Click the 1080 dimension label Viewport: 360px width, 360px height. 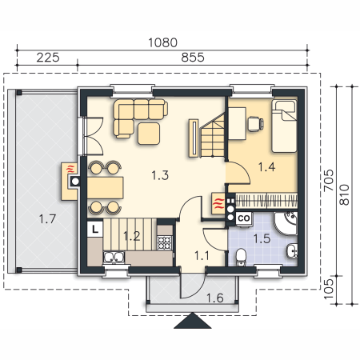point(162,42)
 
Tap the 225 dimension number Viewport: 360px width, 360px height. point(48,58)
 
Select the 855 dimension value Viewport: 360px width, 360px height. point(193,58)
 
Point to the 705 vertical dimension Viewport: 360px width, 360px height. point(329,180)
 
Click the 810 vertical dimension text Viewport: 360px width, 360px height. point(344,194)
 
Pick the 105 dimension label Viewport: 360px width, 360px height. point(329,289)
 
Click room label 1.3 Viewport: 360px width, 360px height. point(160,175)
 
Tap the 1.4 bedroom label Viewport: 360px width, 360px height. point(266,167)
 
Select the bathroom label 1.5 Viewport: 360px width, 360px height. point(262,238)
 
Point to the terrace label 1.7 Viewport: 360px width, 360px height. point(47,219)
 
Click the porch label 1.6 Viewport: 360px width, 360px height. point(215,298)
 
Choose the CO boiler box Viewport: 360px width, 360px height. point(244,218)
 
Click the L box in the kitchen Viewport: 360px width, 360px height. point(95,229)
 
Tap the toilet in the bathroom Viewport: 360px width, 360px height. point(241,258)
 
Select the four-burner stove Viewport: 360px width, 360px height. point(165,242)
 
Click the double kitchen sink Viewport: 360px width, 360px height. point(114,258)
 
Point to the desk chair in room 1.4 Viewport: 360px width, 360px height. point(255,124)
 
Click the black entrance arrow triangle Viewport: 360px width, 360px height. point(192,322)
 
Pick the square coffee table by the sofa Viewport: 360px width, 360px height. point(149,134)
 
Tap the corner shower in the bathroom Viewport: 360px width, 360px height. point(286,223)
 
